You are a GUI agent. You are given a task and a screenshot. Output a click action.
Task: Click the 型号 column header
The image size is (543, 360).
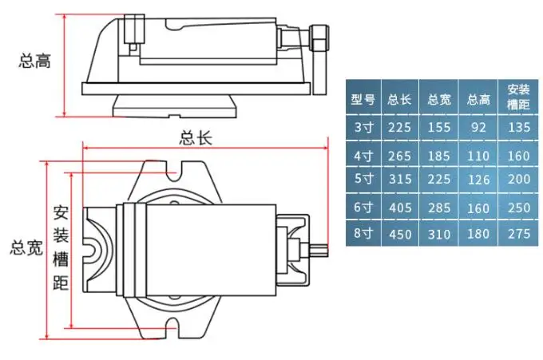(x=363, y=100)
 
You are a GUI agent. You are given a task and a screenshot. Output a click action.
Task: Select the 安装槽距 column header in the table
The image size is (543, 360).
(x=518, y=97)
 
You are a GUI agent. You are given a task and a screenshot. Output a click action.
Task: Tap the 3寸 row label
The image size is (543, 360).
(x=363, y=128)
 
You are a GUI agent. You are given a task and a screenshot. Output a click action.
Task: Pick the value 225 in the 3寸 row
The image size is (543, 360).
(x=399, y=128)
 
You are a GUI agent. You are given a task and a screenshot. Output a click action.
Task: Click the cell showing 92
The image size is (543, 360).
(x=478, y=128)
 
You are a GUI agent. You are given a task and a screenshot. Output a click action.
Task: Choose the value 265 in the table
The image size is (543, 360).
(x=399, y=156)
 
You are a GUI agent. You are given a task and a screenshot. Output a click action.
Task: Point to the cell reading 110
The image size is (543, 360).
(x=478, y=156)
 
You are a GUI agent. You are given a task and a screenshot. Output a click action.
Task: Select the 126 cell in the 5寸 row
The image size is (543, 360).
(x=479, y=180)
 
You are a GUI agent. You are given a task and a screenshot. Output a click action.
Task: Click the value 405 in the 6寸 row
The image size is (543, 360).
(x=400, y=208)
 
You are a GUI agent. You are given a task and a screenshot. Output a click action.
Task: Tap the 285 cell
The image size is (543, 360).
(x=439, y=208)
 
